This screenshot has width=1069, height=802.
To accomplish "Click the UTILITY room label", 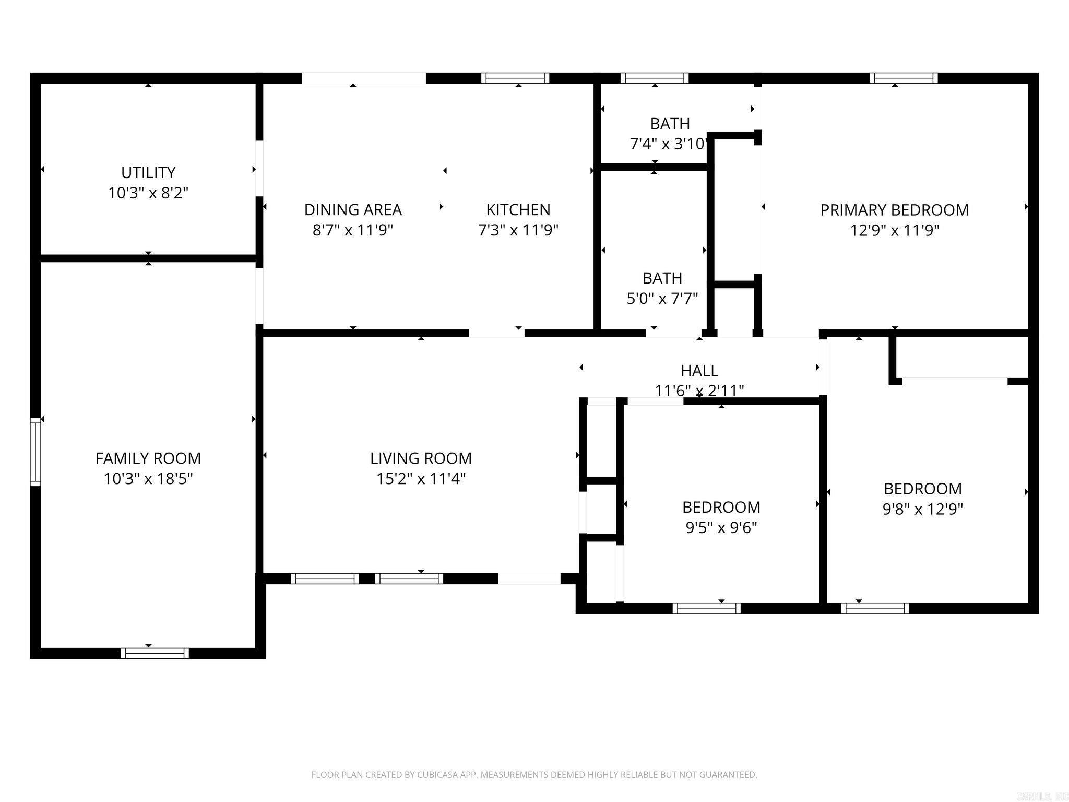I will pos(148,172).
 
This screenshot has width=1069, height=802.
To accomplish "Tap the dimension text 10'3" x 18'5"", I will pos(148,479).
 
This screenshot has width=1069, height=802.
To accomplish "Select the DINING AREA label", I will pos(353,209).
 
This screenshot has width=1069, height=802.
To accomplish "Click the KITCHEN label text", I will pos(518,209).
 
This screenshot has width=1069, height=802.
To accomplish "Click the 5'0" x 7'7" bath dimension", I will pos(662,299).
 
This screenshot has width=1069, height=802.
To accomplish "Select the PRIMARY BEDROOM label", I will pos(894,210).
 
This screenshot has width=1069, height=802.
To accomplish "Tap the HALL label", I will pos(699,371).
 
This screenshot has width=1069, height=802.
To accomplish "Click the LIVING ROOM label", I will pos(421,458).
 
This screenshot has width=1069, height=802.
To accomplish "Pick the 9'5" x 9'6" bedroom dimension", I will pos(721,528).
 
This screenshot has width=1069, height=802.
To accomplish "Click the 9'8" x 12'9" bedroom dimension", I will pos(922,509).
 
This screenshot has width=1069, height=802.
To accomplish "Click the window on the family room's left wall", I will pos(35,452).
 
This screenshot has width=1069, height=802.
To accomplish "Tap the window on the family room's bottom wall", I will pos(155,653).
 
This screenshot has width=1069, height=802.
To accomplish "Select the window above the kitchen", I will pos(515,78).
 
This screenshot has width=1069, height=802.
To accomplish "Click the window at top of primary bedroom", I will pos(904,78).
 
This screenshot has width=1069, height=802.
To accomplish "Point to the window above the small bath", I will pos(655,78).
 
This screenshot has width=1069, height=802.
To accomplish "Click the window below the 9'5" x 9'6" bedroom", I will pos(706,608).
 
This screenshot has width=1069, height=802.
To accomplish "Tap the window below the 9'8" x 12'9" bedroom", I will pos(875,608).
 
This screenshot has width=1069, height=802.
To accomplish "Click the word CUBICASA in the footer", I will pos(438,775).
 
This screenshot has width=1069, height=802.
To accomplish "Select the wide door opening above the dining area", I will pos(364,78).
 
